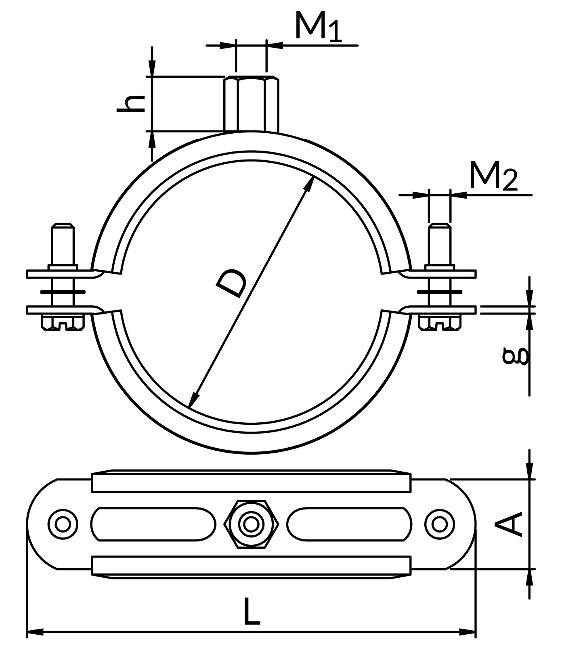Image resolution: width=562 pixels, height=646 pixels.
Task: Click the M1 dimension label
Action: tap(319, 27)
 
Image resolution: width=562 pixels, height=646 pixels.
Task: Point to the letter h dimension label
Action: tap(130, 103)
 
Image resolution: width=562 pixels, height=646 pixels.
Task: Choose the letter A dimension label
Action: tap(509, 524)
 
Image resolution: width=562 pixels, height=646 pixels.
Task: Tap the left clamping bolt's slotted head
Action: tap(63, 323)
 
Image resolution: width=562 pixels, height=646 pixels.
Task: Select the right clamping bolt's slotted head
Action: tap(440, 323)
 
